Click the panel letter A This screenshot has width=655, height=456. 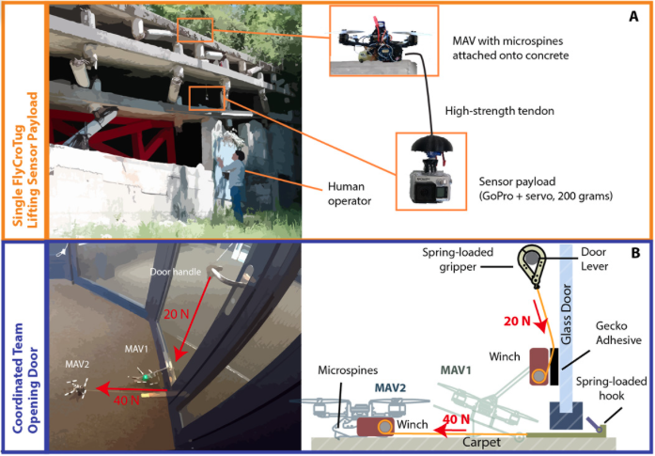(633, 17)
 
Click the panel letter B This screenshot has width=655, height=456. (635, 253)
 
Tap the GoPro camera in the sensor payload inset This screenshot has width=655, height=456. (430, 187)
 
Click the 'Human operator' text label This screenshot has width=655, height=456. (350, 194)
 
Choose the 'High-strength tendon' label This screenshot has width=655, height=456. (500, 111)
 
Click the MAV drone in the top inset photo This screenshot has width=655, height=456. (379, 40)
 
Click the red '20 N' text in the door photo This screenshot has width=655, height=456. (176, 314)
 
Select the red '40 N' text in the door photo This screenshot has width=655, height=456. (127, 400)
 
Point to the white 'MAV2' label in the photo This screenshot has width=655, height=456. (77, 365)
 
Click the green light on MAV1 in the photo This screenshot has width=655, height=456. (145, 377)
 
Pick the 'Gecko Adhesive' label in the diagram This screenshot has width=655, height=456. (618, 333)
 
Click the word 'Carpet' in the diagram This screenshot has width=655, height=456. (482, 442)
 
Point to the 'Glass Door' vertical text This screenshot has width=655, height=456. (567, 314)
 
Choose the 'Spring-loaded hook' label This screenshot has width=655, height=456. (611, 388)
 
